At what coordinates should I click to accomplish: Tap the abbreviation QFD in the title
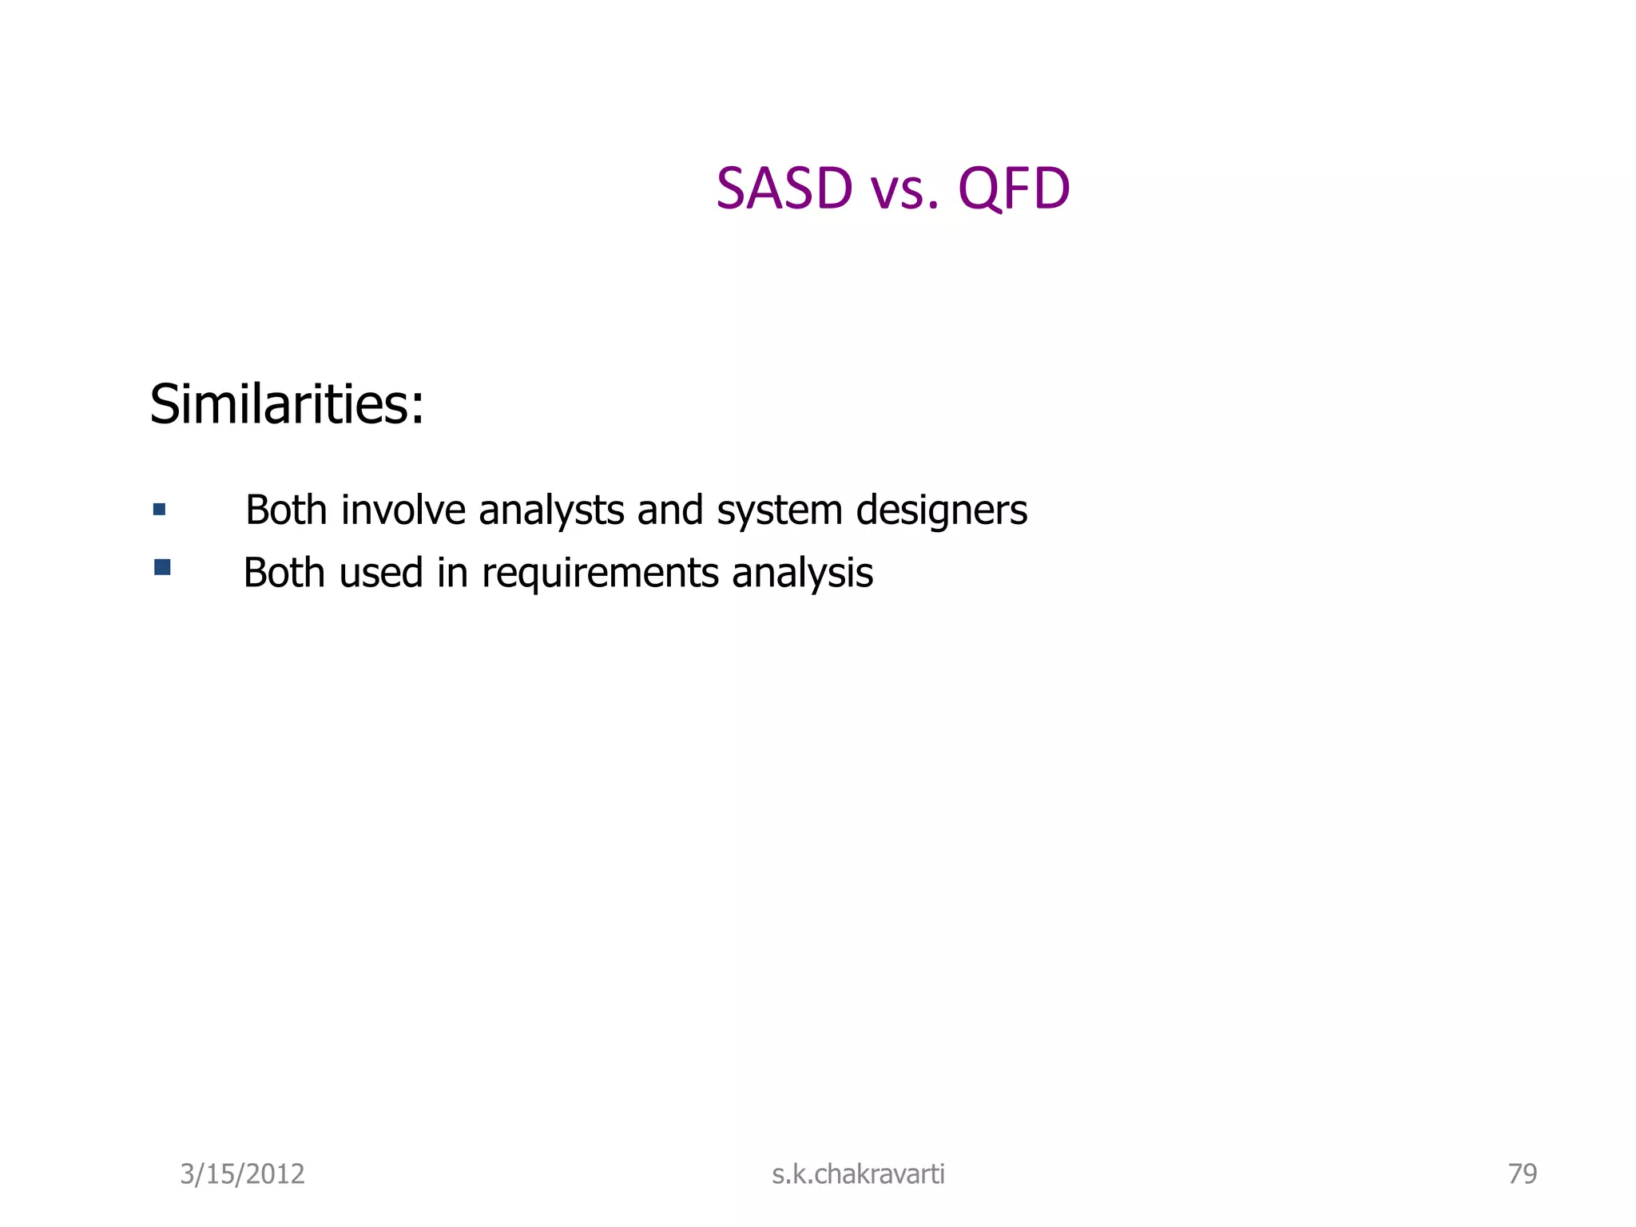click(1014, 189)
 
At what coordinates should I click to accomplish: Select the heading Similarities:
click(287, 404)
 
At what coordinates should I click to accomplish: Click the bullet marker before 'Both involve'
click(160, 510)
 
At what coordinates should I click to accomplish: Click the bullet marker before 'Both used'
click(162, 568)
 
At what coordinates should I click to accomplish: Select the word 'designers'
click(941, 511)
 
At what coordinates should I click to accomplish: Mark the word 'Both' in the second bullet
click(284, 573)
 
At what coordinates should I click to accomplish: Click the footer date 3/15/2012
click(242, 1174)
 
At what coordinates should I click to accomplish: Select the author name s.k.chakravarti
click(858, 1174)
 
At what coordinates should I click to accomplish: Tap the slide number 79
click(1522, 1174)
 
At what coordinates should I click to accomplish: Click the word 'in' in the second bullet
click(451, 573)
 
